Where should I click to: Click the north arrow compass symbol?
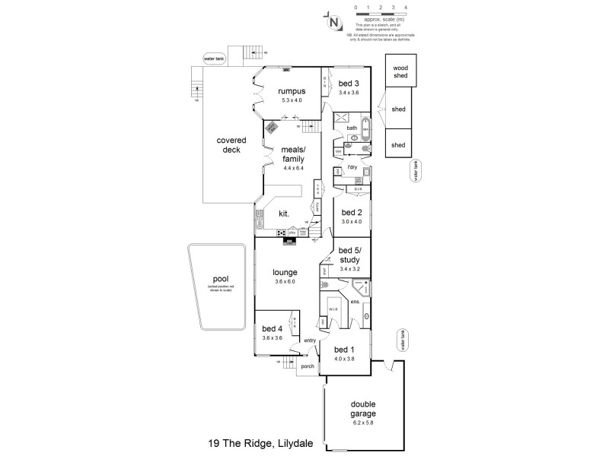click(x=333, y=22)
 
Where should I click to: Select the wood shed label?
click(x=400, y=71)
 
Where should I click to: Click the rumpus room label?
click(x=292, y=91)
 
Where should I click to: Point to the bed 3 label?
click(x=349, y=84)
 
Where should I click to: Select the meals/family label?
click(x=293, y=154)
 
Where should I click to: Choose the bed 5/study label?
click(x=349, y=255)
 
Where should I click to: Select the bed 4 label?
click(x=272, y=328)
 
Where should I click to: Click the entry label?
click(x=310, y=340)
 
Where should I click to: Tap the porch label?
click(x=308, y=366)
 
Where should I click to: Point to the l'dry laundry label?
click(x=352, y=166)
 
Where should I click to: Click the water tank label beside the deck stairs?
click(x=214, y=58)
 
